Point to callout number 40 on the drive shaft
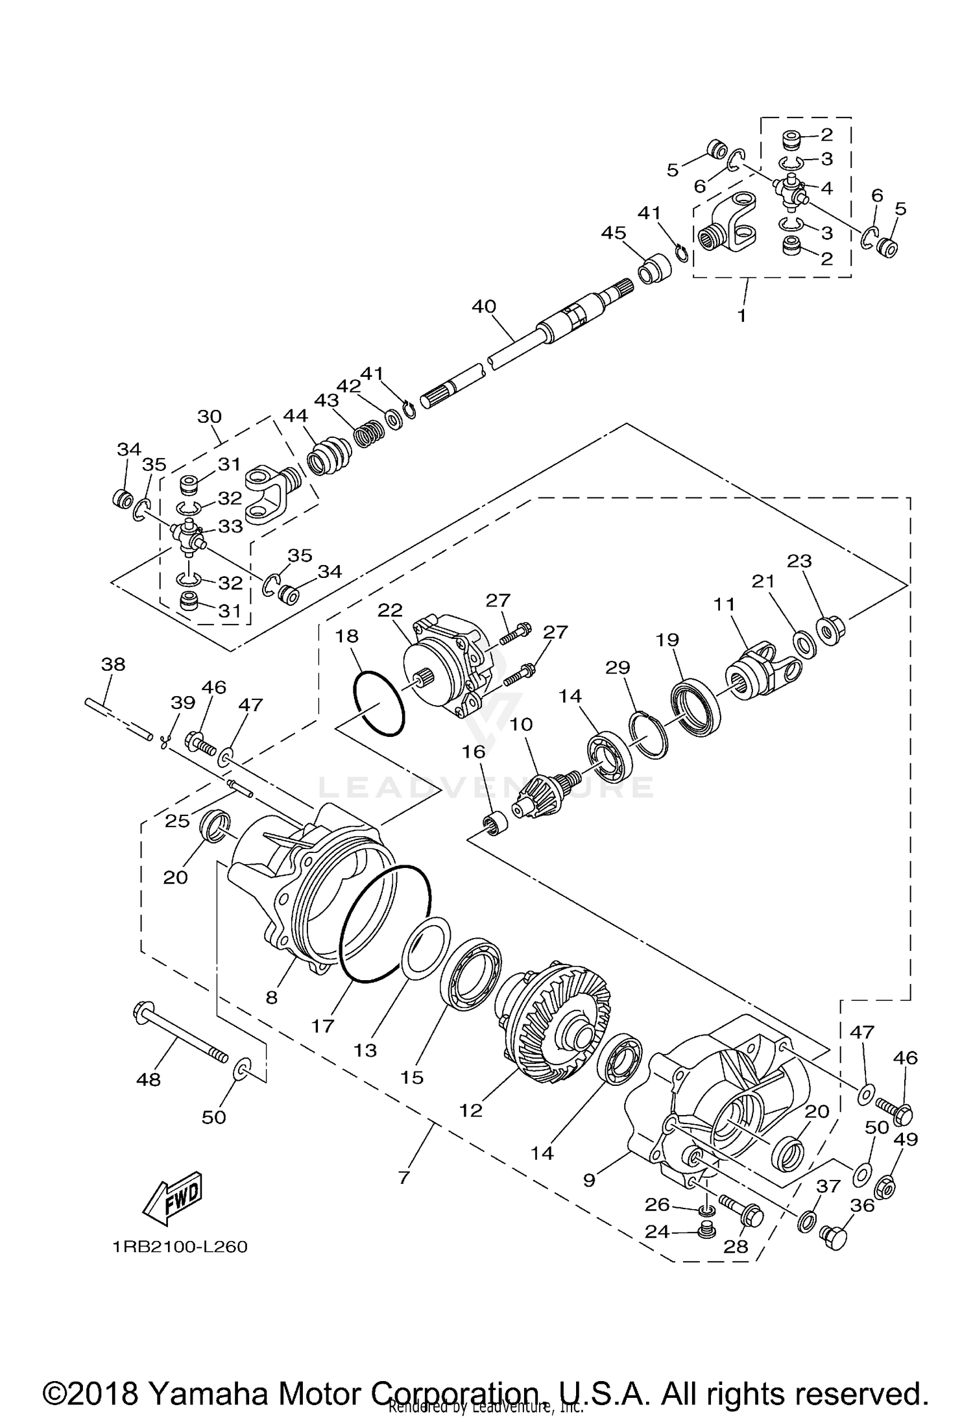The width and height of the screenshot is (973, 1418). (x=484, y=306)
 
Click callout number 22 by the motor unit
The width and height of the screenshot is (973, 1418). (x=390, y=610)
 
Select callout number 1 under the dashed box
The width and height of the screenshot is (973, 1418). (x=741, y=316)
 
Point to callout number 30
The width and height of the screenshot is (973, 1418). (x=210, y=416)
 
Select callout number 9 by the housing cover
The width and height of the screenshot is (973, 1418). (x=589, y=1179)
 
